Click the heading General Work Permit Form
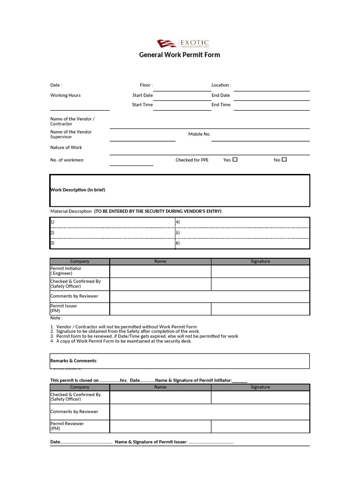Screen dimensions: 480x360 (180, 55)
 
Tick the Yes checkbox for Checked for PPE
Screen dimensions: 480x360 (235, 159)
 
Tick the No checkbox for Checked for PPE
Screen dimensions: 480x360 (284, 159)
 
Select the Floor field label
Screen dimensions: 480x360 (146, 85)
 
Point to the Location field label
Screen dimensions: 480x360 (221, 85)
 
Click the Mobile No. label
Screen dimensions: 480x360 (199, 134)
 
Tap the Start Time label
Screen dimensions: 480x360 (142, 105)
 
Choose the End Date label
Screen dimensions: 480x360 (221, 95)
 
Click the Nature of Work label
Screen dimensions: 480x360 (66, 147)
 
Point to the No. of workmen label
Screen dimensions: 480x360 (67, 160)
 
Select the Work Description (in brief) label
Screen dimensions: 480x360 (78, 190)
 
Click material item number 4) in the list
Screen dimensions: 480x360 (178, 222)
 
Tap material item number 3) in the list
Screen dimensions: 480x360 (52, 243)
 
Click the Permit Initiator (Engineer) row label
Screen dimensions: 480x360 (66, 271)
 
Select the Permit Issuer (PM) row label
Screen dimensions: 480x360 (64, 308)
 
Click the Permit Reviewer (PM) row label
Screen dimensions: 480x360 (67, 426)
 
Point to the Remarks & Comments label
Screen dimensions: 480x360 (74, 360)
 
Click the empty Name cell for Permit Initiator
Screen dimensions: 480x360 (160, 271)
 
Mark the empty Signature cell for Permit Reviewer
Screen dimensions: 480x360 (260, 426)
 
